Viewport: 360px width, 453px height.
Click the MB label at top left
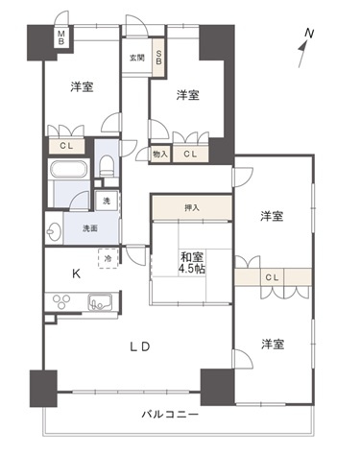click(x=60, y=39)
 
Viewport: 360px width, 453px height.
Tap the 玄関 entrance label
click(x=137, y=58)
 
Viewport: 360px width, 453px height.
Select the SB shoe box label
click(x=159, y=58)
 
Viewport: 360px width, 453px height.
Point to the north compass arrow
click(x=302, y=54)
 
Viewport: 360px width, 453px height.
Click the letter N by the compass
click(x=308, y=35)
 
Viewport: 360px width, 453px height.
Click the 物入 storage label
click(x=159, y=154)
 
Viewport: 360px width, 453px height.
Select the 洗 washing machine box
click(x=106, y=203)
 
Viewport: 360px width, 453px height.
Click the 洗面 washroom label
click(x=90, y=229)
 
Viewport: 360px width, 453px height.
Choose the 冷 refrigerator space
click(x=107, y=258)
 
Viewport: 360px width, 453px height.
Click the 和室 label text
click(x=192, y=256)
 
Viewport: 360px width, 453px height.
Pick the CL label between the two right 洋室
click(x=273, y=278)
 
